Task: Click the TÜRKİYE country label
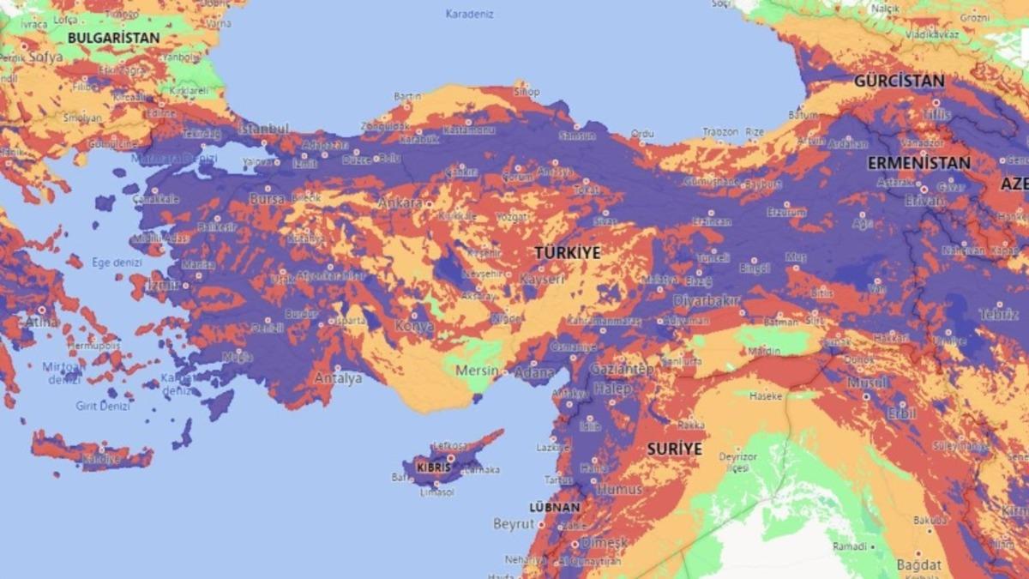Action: tap(568, 253)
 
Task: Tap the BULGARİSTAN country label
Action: tap(114, 38)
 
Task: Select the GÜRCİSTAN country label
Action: tap(899, 81)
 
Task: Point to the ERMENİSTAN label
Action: tap(918, 162)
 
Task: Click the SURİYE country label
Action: tap(674, 449)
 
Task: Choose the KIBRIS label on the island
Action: tap(433, 467)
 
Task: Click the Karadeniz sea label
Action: tap(470, 14)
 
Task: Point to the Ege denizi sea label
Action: tap(115, 262)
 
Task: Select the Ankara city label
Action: tap(400, 203)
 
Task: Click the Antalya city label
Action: tap(339, 378)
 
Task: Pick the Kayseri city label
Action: tap(542, 280)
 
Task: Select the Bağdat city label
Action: tap(919, 564)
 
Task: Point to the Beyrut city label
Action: tap(514, 523)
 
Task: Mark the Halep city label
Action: tap(611, 389)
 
